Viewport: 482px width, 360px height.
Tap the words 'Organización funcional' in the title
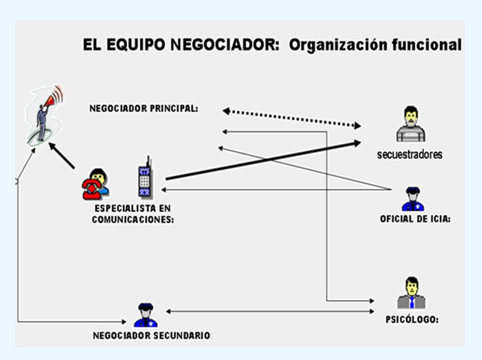(375, 45)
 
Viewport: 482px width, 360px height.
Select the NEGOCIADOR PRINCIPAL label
(143, 109)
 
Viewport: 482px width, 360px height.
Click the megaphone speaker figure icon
(45, 115)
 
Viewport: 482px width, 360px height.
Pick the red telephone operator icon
(96, 183)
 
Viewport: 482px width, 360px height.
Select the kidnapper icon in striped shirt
(411, 125)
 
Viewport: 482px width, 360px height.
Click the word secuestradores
(409, 154)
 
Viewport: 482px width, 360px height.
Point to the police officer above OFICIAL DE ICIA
(411, 199)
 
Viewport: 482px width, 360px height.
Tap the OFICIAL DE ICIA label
(415, 220)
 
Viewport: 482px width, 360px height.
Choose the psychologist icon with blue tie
(411, 293)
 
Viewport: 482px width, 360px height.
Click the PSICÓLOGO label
(412, 319)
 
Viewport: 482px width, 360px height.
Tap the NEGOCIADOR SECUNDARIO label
(152, 336)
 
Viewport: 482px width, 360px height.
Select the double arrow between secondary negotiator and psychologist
(271, 311)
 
